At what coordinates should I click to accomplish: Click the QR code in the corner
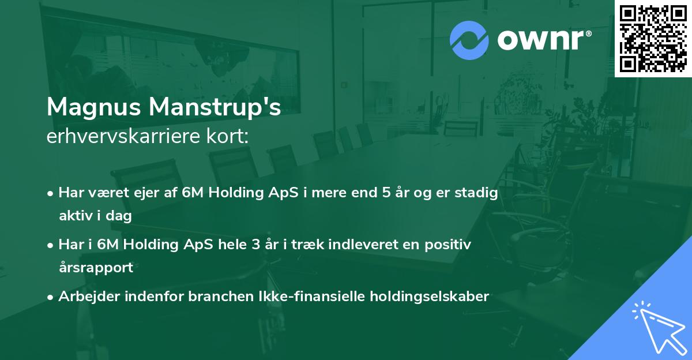click(x=653, y=39)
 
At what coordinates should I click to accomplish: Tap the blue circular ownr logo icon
click(x=469, y=40)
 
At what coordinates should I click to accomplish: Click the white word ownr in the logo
click(x=540, y=40)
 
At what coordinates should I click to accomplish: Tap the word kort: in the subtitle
click(x=228, y=136)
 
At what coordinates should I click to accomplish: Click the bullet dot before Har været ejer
click(x=50, y=194)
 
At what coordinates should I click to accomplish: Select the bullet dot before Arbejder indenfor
click(x=50, y=298)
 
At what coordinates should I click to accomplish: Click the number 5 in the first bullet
click(x=386, y=193)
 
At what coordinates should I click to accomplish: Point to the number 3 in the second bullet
click(x=256, y=245)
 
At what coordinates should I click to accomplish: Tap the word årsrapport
click(x=96, y=267)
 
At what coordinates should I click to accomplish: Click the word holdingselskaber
click(x=430, y=297)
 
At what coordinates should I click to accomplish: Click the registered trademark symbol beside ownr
click(x=588, y=33)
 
